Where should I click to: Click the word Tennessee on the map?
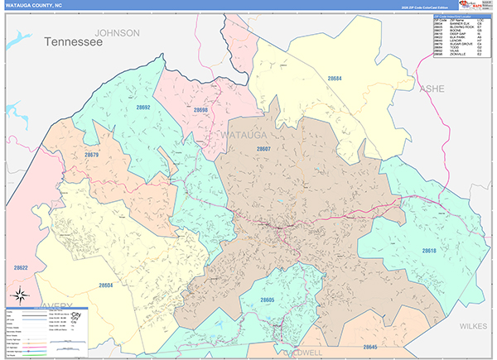pos(73,41)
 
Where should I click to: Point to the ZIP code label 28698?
pos(202,109)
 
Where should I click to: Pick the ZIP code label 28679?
pos(91,155)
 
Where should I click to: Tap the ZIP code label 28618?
pos(428,250)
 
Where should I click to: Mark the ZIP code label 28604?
pos(105,285)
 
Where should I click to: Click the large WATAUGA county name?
pos(245,132)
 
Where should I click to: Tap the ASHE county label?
pos(432,88)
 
